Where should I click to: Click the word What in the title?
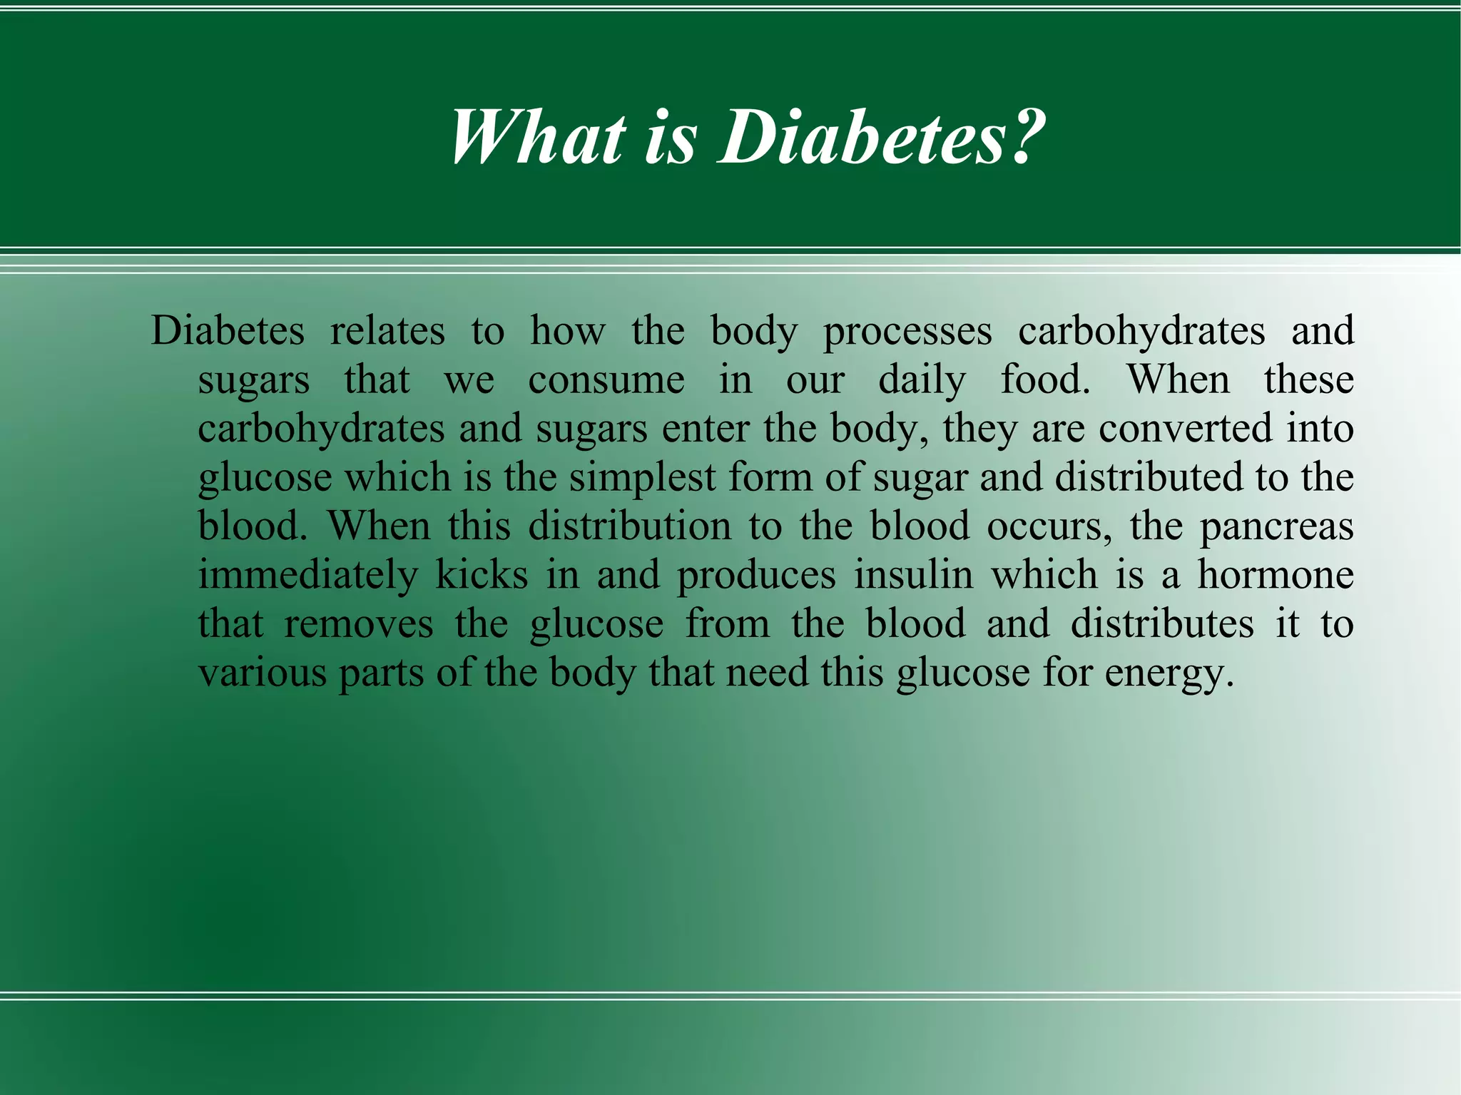(539, 138)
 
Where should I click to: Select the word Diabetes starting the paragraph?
(228, 332)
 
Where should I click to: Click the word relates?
(387, 332)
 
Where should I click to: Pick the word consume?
(606, 380)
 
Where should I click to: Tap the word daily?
(922, 380)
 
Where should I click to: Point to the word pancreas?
(1276, 527)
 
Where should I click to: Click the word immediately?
(307, 576)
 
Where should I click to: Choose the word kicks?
(482, 575)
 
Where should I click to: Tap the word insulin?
(914, 575)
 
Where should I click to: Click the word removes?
(359, 624)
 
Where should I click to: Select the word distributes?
(1162, 624)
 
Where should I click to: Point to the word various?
(262, 673)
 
